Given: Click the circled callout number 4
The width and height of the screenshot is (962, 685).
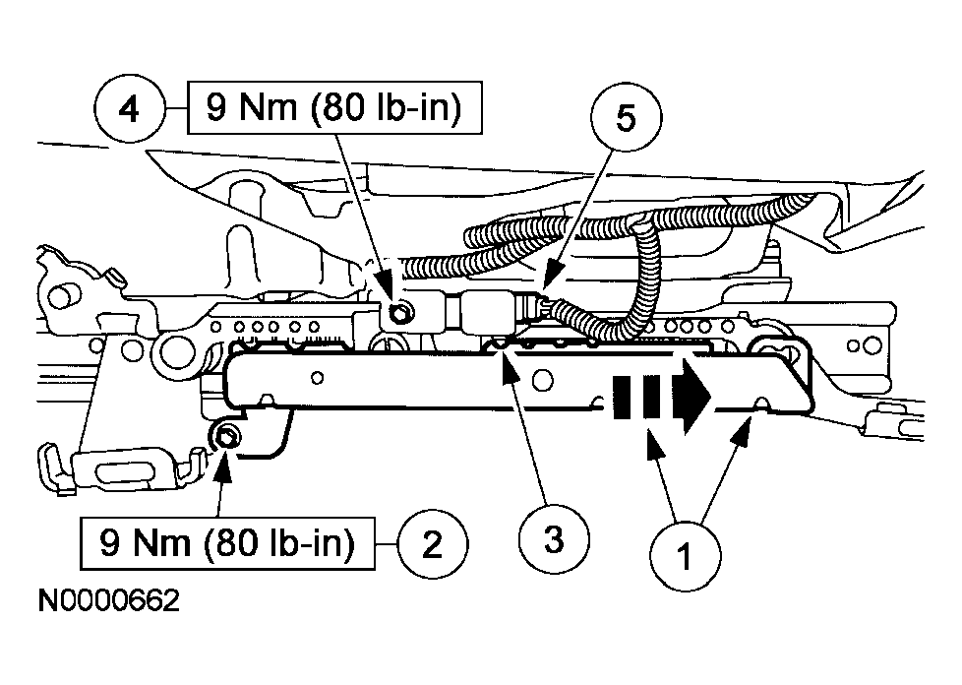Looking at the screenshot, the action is pos(129,110).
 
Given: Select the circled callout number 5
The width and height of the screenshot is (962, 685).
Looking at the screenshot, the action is pos(626,118).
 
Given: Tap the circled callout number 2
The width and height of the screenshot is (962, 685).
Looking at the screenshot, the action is pos(433,544).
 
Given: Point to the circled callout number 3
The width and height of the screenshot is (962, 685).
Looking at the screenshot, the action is pos(554,540).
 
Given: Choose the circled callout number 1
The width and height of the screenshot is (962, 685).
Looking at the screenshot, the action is pos(686,557).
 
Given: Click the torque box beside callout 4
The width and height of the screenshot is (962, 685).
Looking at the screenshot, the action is pos(334,107).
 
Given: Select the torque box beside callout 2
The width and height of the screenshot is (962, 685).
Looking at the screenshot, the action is pos(227,543).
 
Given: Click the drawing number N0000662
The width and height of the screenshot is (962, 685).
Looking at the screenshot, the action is pos(108,600).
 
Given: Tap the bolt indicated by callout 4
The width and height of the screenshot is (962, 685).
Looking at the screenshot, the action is pos(398,314).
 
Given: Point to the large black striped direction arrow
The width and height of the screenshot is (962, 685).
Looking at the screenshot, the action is pos(661,398).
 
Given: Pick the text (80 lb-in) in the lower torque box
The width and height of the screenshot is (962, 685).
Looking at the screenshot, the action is pos(279,544).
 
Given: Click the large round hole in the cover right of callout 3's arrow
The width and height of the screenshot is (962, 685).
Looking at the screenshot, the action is pos(542,380).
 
